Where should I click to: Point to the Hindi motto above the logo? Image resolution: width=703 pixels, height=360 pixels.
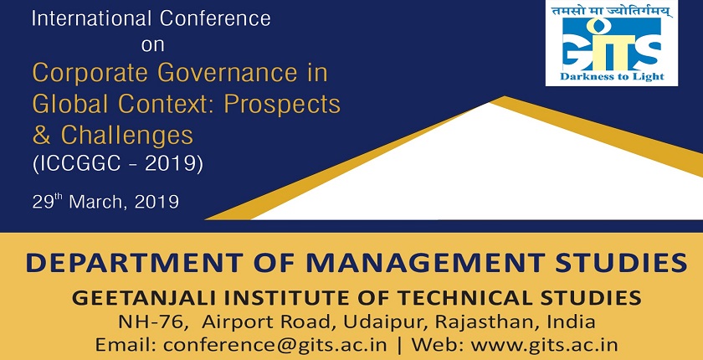coord(603,12)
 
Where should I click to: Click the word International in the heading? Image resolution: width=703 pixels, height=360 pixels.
coord(81,17)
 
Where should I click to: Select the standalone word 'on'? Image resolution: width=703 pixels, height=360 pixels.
coord(153,45)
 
